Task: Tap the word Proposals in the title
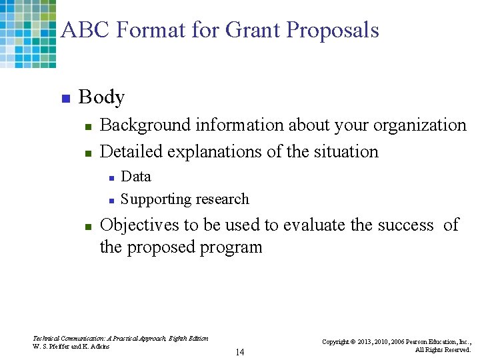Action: click(333, 31)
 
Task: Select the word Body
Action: click(101, 97)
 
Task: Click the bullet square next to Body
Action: click(65, 99)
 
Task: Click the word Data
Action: click(136, 176)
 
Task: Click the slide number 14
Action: click(239, 352)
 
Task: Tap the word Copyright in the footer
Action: click(337, 341)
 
